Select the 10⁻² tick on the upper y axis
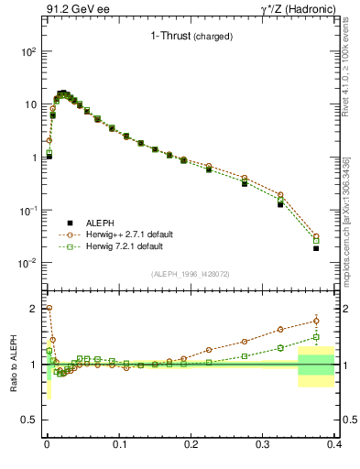pos(28,263)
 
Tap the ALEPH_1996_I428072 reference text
pos(189,275)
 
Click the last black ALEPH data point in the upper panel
pos(316,248)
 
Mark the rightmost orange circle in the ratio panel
pos(316,320)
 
